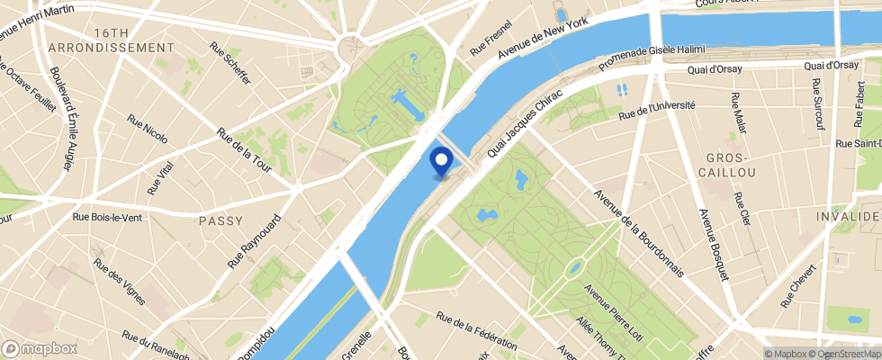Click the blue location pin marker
coord(442,161)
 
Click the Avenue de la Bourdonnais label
coord(638,209)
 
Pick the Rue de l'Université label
coord(658,111)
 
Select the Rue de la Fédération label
coord(476,331)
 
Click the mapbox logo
coord(40,348)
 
